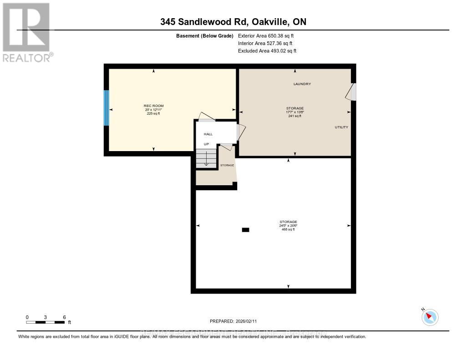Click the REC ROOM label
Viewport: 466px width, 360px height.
153,106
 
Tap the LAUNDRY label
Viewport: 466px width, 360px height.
302,84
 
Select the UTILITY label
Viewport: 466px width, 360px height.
341,127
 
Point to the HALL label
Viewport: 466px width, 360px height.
208,134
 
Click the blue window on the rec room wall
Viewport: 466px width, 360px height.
106,108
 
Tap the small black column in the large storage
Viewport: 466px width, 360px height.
245,230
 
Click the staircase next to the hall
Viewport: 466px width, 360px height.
206,159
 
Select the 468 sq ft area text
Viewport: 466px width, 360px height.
288,229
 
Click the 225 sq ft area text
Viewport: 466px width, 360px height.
153,113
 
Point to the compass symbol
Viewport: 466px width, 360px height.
430,317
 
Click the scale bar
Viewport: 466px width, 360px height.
46,322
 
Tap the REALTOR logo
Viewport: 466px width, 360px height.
26,32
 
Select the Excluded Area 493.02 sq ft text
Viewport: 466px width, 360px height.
267,51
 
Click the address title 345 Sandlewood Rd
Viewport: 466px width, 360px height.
236,22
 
